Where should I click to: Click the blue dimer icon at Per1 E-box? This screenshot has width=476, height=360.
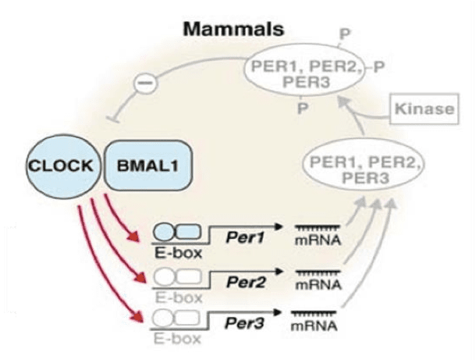(x=176, y=232)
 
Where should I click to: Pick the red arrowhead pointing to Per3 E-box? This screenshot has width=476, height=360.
(x=140, y=316)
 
